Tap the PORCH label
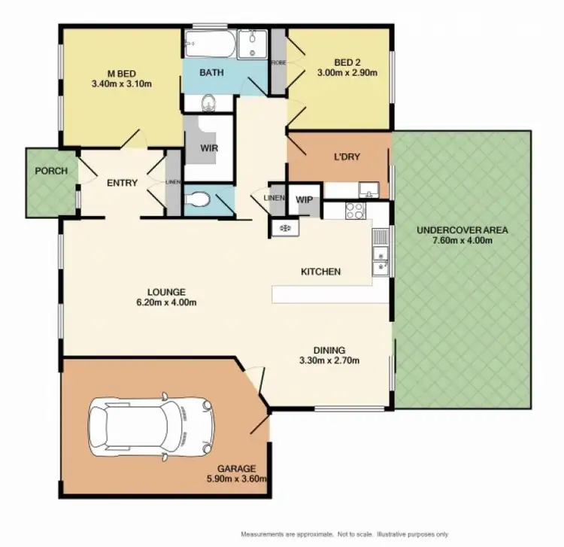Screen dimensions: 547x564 [x=51, y=171]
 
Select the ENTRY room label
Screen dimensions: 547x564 [x=121, y=182]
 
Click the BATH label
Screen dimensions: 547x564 [x=210, y=73]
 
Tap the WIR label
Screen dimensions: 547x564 [x=209, y=148]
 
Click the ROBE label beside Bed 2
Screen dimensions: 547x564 [x=277, y=63]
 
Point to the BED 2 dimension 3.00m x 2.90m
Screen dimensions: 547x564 [x=338, y=74]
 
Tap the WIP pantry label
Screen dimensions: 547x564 [x=305, y=199]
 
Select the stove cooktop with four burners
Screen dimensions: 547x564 [x=354, y=211]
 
